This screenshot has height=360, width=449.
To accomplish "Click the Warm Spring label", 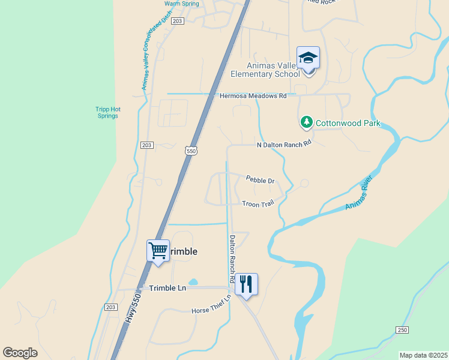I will (x=181, y=4).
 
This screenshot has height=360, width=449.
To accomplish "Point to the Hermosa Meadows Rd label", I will (x=253, y=95).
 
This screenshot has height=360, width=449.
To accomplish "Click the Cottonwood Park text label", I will (x=349, y=124).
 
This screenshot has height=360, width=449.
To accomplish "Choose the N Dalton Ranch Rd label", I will (x=285, y=144).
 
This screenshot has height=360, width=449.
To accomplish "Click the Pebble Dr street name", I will (x=260, y=179).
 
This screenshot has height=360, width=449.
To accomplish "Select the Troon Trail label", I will (x=258, y=204).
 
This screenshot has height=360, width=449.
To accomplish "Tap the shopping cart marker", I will (x=158, y=250).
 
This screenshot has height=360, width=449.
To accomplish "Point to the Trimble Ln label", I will (x=167, y=288).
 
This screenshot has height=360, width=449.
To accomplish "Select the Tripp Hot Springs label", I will (x=108, y=112).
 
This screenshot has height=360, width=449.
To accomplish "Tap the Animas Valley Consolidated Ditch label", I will (x=152, y=59).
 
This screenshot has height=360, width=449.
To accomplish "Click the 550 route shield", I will (x=191, y=151).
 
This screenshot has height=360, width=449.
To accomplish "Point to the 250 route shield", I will (x=402, y=330).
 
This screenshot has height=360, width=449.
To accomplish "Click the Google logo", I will (x=20, y=353).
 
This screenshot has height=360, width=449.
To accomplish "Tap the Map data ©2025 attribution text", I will (x=423, y=355).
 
